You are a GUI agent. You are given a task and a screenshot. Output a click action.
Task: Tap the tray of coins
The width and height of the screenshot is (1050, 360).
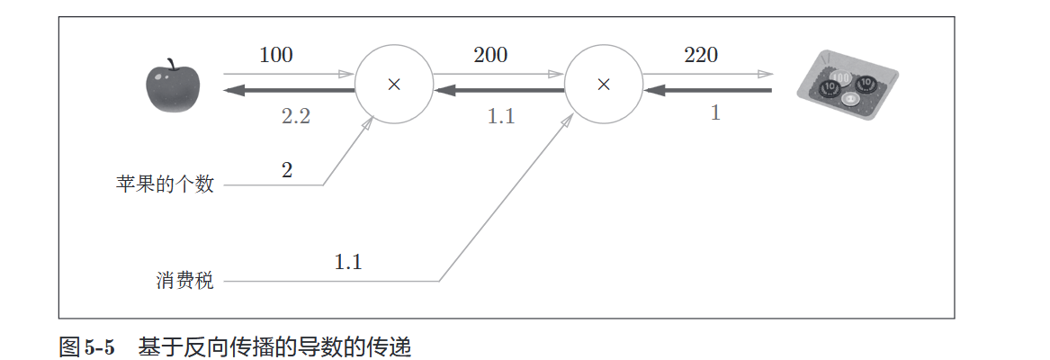pyautogui.click(x=848, y=89)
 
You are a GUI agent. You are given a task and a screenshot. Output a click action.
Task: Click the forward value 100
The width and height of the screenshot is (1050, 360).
pyautogui.click(x=276, y=55)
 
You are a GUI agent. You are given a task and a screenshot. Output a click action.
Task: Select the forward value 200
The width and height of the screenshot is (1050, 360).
pyautogui.click(x=490, y=55)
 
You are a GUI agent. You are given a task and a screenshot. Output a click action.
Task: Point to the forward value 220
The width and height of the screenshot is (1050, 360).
pyautogui.click(x=701, y=55)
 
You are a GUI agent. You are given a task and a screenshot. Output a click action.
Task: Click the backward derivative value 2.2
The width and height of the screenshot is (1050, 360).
pyautogui.click(x=294, y=116)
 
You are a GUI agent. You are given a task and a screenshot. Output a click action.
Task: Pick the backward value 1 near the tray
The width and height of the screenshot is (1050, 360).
pyautogui.click(x=715, y=114)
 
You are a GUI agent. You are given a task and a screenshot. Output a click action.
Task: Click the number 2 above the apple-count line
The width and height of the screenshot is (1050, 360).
pyautogui.click(x=287, y=170)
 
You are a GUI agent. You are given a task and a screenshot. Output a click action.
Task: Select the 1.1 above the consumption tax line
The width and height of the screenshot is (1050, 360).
pyautogui.click(x=348, y=263)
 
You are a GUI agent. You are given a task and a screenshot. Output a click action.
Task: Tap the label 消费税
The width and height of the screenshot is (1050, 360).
pyautogui.click(x=184, y=281)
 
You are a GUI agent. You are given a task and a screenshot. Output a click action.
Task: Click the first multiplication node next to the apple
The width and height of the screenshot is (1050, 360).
pyautogui.click(x=393, y=85)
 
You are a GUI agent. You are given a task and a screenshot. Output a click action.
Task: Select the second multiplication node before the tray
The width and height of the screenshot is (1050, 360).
pyautogui.click(x=604, y=85)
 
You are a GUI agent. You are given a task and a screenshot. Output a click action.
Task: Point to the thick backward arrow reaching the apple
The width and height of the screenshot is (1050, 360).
pyautogui.click(x=288, y=91)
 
